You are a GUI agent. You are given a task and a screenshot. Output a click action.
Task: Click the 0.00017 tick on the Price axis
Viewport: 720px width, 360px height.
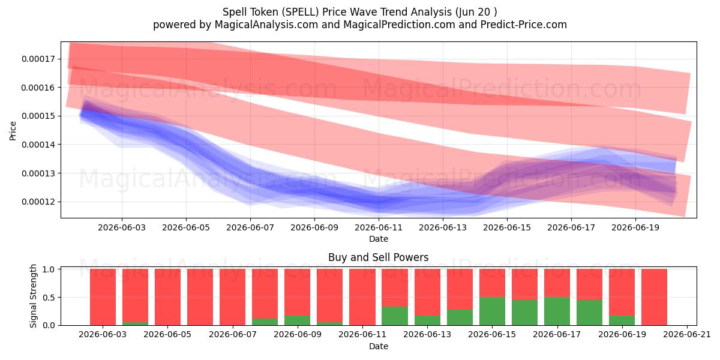(x=38, y=59)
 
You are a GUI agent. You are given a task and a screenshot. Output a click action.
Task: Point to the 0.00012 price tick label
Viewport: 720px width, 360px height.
(x=38, y=202)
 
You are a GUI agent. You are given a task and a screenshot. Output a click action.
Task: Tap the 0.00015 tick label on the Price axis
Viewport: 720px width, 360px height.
(x=38, y=116)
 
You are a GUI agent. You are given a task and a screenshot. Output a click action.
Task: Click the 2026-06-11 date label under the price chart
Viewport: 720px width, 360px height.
(x=379, y=227)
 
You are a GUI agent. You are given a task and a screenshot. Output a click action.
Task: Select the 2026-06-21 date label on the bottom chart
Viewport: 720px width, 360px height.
(x=687, y=335)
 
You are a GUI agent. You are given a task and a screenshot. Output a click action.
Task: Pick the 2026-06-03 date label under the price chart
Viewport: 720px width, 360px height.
(x=122, y=227)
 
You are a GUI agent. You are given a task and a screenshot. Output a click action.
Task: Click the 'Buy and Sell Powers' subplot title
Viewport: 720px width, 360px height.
(x=379, y=257)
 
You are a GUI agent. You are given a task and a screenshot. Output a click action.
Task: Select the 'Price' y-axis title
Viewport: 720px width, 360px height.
(x=13, y=131)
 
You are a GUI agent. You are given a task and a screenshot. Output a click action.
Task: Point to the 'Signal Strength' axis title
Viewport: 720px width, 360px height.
(x=33, y=296)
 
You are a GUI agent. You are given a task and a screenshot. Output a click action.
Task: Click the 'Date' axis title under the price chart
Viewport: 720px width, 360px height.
(x=379, y=239)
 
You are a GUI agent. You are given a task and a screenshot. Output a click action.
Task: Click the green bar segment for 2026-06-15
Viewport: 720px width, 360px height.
(x=492, y=311)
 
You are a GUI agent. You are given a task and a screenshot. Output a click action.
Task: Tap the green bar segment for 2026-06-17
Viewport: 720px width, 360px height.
(x=557, y=311)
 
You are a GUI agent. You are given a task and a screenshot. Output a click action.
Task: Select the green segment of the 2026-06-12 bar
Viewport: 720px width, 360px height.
(x=395, y=316)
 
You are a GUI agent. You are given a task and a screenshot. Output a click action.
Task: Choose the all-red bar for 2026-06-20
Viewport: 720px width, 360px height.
(x=655, y=297)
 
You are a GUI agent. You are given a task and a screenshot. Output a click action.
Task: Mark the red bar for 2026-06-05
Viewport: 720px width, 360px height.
(x=168, y=297)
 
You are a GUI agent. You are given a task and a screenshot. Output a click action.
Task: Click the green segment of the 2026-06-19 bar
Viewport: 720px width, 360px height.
(x=622, y=320)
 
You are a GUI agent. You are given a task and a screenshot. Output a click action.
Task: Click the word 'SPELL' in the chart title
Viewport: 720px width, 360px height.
(x=301, y=12)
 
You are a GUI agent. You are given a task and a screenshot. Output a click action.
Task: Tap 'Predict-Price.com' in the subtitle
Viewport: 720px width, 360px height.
(x=524, y=25)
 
